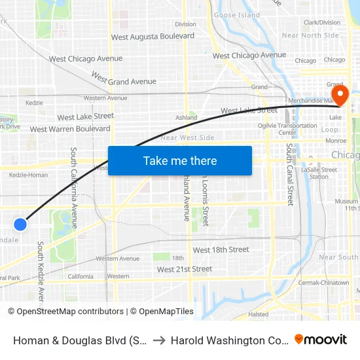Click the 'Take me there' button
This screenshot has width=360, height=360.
(x=180, y=160)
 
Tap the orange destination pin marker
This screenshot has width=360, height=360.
(x=340, y=96)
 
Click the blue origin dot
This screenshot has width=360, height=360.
(x=20, y=224)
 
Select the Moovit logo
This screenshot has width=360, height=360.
(x=321, y=339)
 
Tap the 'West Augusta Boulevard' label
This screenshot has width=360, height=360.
(x=153, y=37)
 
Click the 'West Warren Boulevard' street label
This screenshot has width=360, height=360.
(x=70, y=129)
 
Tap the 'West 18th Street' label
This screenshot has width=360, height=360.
(x=221, y=249)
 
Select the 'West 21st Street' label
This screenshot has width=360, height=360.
(x=185, y=269)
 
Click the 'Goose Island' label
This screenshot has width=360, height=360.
(x=237, y=15)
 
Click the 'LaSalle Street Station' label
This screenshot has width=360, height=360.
(x=319, y=173)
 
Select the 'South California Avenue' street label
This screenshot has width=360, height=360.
(x=74, y=187)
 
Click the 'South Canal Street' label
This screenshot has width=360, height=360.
(x=289, y=174)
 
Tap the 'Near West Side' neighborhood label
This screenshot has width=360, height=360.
(x=187, y=137)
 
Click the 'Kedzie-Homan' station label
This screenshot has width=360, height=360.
(x=29, y=175)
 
